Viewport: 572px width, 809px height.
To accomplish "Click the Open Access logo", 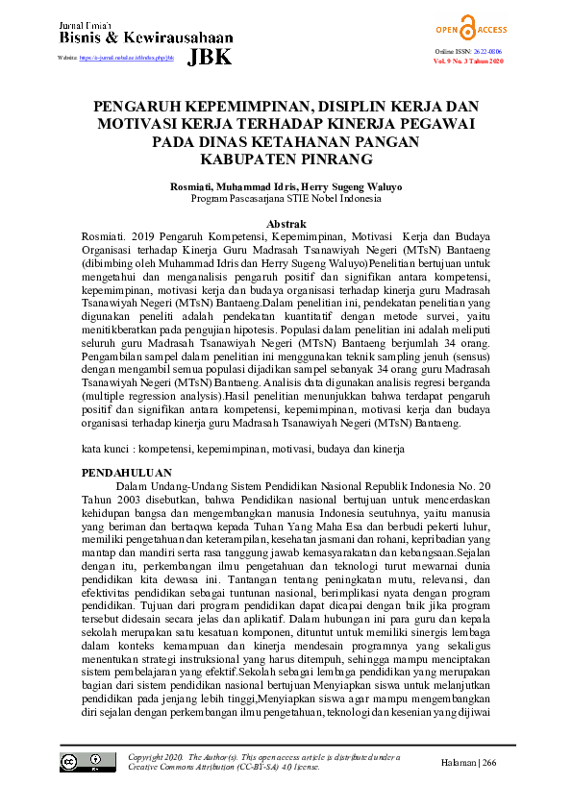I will pyautogui.click(x=468, y=28).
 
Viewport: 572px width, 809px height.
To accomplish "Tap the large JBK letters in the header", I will pyautogui.click(x=211, y=57).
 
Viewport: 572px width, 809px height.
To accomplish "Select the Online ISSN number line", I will pyautogui.click(x=468, y=51).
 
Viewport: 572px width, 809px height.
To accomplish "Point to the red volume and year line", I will pyautogui.click(x=468, y=61).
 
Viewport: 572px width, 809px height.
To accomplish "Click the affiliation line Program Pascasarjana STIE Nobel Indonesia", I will pyautogui.click(x=286, y=199).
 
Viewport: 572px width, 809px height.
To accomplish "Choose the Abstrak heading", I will pyautogui.click(x=286, y=223).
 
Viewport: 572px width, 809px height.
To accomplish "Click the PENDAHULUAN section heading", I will pyautogui.click(x=126, y=473).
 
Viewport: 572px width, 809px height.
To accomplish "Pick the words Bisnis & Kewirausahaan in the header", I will pyautogui.click(x=146, y=37).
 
